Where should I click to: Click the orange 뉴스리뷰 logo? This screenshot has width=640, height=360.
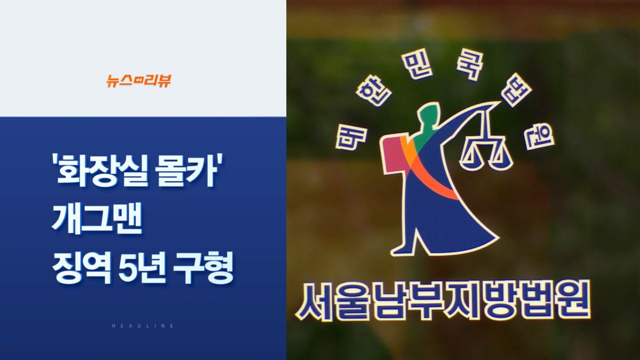click(139, 81)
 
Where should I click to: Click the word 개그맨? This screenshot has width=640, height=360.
click(97, 219)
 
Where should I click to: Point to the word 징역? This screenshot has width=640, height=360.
click(82, 267)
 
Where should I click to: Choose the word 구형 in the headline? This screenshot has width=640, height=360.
click(203, 267)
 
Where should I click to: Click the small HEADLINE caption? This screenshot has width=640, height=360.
click(143, 326)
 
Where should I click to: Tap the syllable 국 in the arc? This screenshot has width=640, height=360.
click(469, 67)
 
